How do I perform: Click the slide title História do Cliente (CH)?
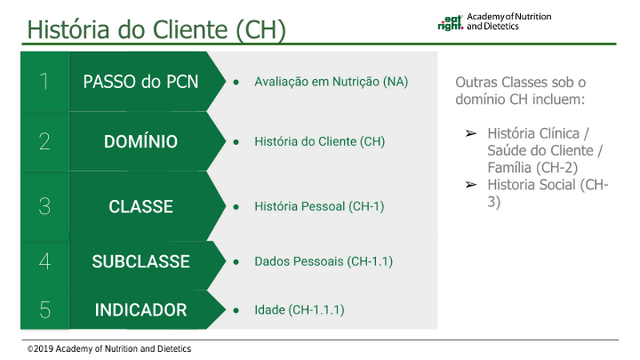156,30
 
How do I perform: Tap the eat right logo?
450,23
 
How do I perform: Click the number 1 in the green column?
44,82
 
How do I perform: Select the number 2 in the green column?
45,142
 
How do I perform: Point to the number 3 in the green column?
45,206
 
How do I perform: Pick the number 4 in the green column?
45,262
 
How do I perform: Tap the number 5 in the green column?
45,310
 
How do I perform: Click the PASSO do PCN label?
141,82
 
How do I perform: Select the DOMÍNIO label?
141,142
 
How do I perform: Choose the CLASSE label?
141,206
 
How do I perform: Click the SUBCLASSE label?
141,262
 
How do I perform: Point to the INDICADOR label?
141,310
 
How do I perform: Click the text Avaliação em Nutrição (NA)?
331,82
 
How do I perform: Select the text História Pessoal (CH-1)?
319,206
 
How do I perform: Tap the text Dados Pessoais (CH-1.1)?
324,262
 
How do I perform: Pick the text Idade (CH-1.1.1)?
299,310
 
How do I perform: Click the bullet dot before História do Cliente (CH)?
236,142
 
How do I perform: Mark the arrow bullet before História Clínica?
471,134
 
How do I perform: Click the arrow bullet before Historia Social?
471,185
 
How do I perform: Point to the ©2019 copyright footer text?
109,349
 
